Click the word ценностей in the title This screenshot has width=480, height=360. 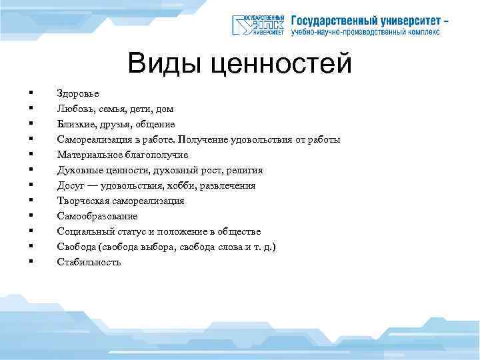coord(280,65)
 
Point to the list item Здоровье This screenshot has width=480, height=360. coord(78,94)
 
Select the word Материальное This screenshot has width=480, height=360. coord(89,155)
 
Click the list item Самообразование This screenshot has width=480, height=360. coord(97,217)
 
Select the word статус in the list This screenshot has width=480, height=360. coord(133,232)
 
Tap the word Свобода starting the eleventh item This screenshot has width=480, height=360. coord(76,247)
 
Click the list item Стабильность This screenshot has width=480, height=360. coord(89,263)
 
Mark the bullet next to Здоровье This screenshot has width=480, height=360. coord(30,94)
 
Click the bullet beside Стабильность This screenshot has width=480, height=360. coord(30,263)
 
